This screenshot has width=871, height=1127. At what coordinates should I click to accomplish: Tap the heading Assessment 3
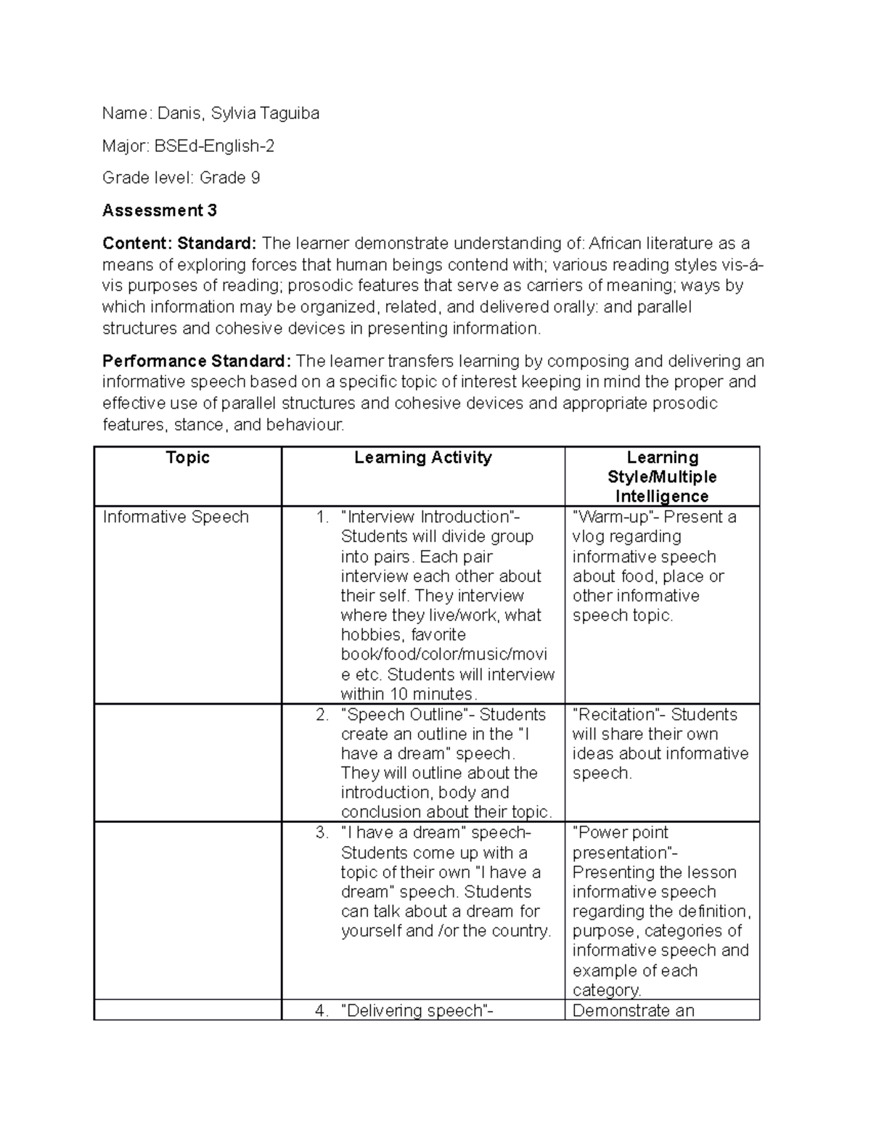pos(160,210)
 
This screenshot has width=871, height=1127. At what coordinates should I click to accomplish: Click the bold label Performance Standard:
pos(197,361)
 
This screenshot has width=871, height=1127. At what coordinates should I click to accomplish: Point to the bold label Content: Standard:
pos(179,243)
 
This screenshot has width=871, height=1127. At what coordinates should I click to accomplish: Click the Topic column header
pos(188,457)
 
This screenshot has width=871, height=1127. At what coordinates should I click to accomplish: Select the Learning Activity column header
pos(422,457)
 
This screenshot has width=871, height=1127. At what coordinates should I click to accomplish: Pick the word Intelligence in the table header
pos(661,496)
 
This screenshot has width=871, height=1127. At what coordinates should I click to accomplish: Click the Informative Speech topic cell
pos(176,517)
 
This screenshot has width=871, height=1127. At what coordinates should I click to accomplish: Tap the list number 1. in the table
pos(322,517)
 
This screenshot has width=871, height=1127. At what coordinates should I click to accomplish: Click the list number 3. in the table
pos(322,832)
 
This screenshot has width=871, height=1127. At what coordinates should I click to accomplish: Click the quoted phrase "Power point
pos(621,832)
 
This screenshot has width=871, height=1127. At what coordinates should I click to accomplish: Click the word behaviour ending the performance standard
pos(304,425)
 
